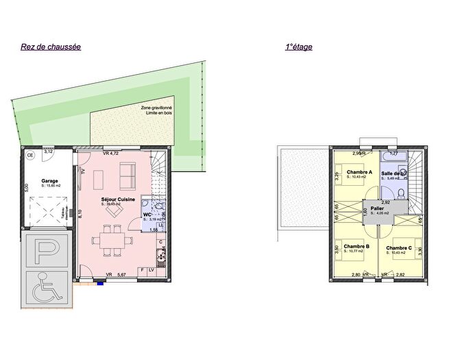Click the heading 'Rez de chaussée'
(51, 47)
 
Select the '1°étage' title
(298, 47)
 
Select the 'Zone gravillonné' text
(156, 108)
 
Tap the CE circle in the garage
(30, 156)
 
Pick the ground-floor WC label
(147, 214)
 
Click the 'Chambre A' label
(359, 172)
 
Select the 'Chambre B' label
(357, 246)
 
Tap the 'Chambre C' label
(399, 248)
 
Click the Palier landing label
(377, 208)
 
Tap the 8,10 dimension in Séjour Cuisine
(80, 214)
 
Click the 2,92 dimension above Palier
(385, 202)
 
